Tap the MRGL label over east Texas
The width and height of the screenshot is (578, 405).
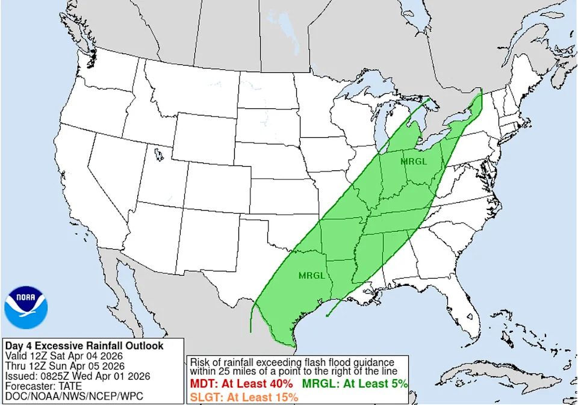tap(312, 276)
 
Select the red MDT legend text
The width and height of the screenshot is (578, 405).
tap(241, 383)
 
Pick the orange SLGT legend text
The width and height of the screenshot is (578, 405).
tap(244, 397)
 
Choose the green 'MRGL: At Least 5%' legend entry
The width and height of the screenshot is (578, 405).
tap(355, 383)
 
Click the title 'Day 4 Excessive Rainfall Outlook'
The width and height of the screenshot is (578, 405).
tap(84, 346)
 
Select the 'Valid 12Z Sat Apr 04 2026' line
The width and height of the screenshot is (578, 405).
tap(68, 356)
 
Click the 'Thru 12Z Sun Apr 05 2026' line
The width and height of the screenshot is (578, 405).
tap(65, 366)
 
